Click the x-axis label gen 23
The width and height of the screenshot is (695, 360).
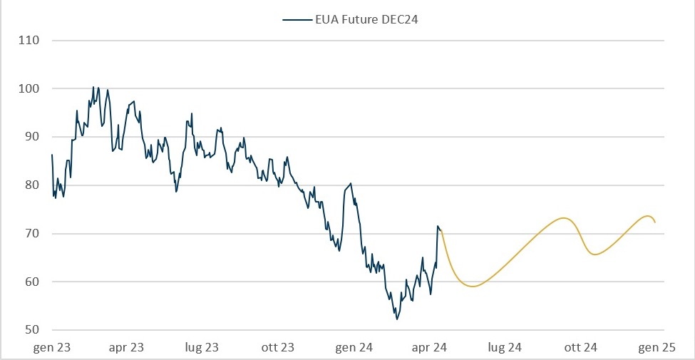tap(52, 348)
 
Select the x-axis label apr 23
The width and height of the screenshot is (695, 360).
tap(126, 348)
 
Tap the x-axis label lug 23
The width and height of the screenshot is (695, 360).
tap(202, 348)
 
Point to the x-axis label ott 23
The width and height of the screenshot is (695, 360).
tap(278, 348)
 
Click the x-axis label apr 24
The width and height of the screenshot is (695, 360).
tap(430, 348)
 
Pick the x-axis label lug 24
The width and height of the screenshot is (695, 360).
tap(505, 348)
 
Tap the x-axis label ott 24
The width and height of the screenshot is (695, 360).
tap(580, 348)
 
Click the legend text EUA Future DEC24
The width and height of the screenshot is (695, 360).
tap(366, 20)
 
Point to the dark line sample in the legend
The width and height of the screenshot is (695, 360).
tap(297, 20)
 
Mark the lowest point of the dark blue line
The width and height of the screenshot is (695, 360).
tap(397, 319)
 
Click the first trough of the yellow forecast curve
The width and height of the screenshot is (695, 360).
tap(473, 287)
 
